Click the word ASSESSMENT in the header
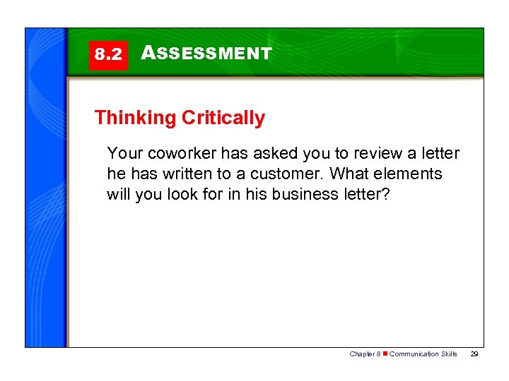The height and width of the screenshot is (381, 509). coord(206,54)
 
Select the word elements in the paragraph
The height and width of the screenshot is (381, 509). coord(411,174)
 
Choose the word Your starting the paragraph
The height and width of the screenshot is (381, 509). coord(123,154)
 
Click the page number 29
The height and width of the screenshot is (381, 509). coord(474,354)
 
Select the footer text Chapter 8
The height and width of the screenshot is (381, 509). coord(364,354)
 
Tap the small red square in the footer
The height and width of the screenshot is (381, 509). coord(385,354)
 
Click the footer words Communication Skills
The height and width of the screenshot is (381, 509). coord(423,354)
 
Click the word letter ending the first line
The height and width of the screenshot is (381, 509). coord(438,154)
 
